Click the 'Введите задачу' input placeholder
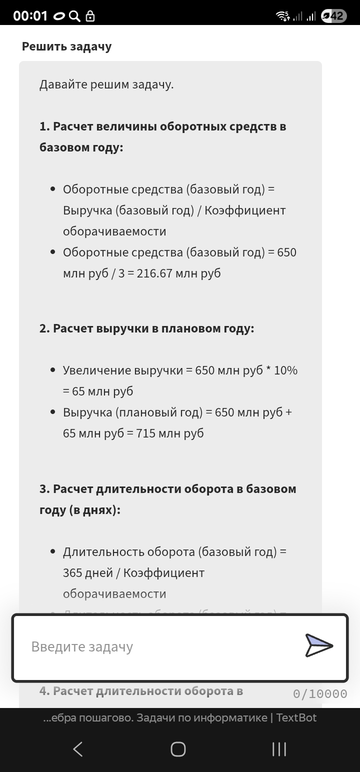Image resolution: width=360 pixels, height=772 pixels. pyautogui.click(x=82, y=646)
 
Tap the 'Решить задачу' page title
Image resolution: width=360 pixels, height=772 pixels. pyautogui.click(x=66, y=46)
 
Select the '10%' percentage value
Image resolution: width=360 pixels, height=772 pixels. pyautogui.click(x=285, y=370)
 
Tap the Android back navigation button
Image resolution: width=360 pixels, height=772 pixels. pyautogui.click(x=78, y=749)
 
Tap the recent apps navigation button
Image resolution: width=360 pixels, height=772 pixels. pyautogui.click(x=279, y=749)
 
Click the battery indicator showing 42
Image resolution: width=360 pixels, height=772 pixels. pyautogui.click(x=333, y=16)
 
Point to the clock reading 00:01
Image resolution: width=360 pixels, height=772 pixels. pyautogui.click(x=30, y=16)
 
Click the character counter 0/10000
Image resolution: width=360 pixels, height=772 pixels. pyautogui.click(x=320, y=693)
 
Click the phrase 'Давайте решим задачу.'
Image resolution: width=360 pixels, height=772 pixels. pyautogui.click(x=106, y=84)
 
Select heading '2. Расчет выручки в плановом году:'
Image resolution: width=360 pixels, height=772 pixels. pyautogui.click(x=146, y=328)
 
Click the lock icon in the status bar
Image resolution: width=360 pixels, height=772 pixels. pyautogui.click(x=90, y=16)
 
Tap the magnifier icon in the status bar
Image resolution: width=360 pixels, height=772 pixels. pyautogui.click(x=74, y=16)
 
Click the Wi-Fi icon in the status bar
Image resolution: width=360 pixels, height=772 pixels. pyautogui.click(x=282, y=16)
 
